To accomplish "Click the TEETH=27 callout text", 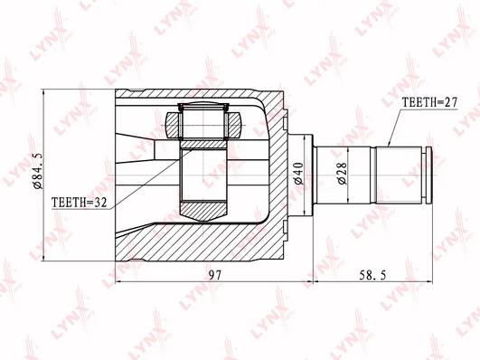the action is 429,102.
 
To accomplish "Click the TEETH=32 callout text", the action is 79,203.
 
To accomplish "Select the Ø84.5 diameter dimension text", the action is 39,171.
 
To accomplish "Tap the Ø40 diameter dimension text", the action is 299,174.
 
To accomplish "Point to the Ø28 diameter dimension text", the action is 343,174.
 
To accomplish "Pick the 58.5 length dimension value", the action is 372,275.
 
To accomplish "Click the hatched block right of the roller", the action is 234,125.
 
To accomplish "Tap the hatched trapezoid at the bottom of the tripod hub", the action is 203,210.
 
